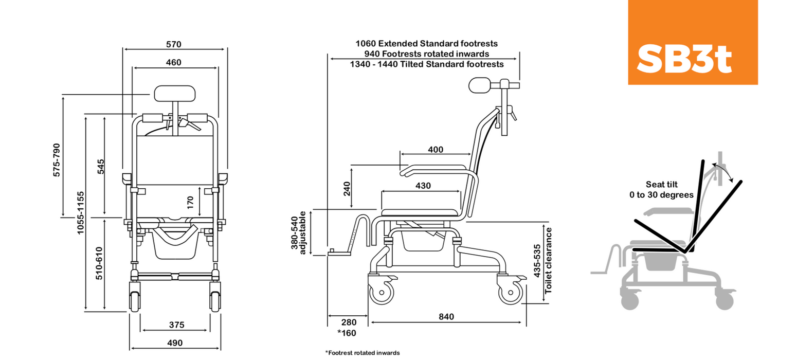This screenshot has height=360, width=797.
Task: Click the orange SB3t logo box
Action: click(x=692, y=42)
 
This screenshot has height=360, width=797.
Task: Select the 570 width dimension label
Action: click(x=174, y=44)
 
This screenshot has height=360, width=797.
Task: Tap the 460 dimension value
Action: click(x=174, y=63)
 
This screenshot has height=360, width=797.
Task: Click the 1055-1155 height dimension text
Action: click(x=80, y=213)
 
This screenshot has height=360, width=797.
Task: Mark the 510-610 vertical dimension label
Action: click(x=100, y=263)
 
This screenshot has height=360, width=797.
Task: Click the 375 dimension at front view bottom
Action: click(x=176, y=325)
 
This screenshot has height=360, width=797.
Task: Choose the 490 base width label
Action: click(x=175, y=343)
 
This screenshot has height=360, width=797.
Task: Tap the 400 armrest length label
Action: click(x=436, y=150)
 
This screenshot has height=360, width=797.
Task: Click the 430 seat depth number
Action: click(x=423, y=186)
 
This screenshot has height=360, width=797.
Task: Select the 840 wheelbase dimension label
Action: click(x=447, y=317)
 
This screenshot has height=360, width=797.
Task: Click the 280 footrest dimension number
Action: click(x=349, y=322)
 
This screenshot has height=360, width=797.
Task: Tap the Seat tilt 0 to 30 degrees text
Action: click(x=661, y=189)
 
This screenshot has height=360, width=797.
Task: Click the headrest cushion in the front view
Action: click(x=175, y=93)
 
